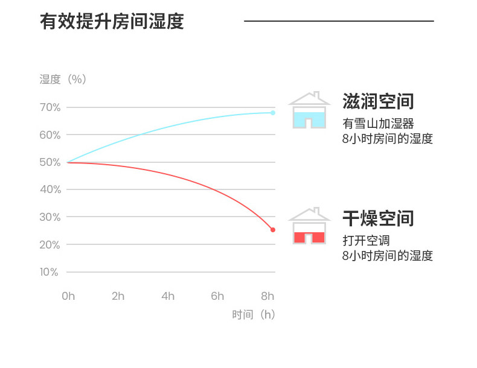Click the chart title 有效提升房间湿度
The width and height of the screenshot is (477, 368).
click(112, 22)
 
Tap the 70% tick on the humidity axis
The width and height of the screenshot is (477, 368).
click(50, 107)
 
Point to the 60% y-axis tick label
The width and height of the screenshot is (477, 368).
click(50, 135)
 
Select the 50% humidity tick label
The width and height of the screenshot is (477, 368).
click(50, 162)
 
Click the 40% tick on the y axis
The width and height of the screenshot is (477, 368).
click(50, 189)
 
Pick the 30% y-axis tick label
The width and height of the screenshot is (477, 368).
click(50, 217)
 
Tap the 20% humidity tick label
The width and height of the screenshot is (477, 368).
click(50, 245)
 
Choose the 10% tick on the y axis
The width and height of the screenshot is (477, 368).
click(50, 272)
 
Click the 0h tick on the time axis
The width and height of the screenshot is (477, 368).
click(68, 296)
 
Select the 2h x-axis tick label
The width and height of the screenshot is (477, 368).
click(118, 296)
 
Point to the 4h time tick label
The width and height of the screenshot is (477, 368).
click(168, 296)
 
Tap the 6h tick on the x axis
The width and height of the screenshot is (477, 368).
click(217, 296)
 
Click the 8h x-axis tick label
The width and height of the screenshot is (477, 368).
click(267, 296)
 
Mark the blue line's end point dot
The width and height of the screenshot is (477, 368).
click(273, 113)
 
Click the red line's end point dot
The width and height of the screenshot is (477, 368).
click(273, 230)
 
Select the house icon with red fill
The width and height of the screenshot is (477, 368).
click(309, 227)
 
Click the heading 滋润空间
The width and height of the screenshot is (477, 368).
click(378, 101)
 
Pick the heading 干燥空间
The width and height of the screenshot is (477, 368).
click(378, 218)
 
